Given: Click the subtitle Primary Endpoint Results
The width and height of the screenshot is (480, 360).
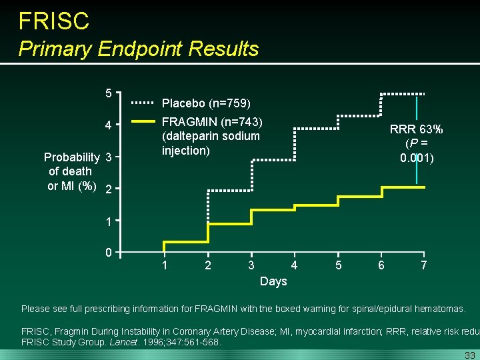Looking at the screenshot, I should pyautogui.click(x=139, y=49).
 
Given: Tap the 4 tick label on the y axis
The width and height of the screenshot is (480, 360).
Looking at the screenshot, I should pyautogui.click(x=109, y=125).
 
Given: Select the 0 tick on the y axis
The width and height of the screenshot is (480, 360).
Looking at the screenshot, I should pyautogui.click(x=109, y=252).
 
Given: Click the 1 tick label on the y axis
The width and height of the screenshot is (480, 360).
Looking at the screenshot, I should pyautogui.click(x=109, y=220).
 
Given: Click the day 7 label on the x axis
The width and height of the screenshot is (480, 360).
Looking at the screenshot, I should pyautogui.click(x=424, y=265).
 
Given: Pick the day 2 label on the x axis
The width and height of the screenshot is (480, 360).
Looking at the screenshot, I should pyautogui.click(x=208, y=265).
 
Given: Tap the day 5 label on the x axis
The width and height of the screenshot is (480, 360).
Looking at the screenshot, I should pyautogui.click(x=338, y=265).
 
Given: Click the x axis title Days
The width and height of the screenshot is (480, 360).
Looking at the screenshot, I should pyautogui.click(x=273, y=281).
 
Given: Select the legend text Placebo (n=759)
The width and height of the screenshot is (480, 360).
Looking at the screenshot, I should pyautogui.click(x=207, y=103).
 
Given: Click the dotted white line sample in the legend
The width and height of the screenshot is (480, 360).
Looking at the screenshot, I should pyautogui.click(x=142, y=103).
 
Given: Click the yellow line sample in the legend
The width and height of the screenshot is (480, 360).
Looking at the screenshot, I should pyautogui.click(x=142, y=122).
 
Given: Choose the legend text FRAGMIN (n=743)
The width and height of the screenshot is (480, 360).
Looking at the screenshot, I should pyautogui.click(x=213, y=122).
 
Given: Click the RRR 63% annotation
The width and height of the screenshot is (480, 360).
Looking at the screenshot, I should pyautogui.click(x=417, y=129).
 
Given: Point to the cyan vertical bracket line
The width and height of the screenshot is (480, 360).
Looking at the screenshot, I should pyautogui.click(x=417, y=140).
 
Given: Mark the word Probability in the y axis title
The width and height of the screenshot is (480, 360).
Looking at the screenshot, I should pyautogui.click(x=71, y=157).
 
